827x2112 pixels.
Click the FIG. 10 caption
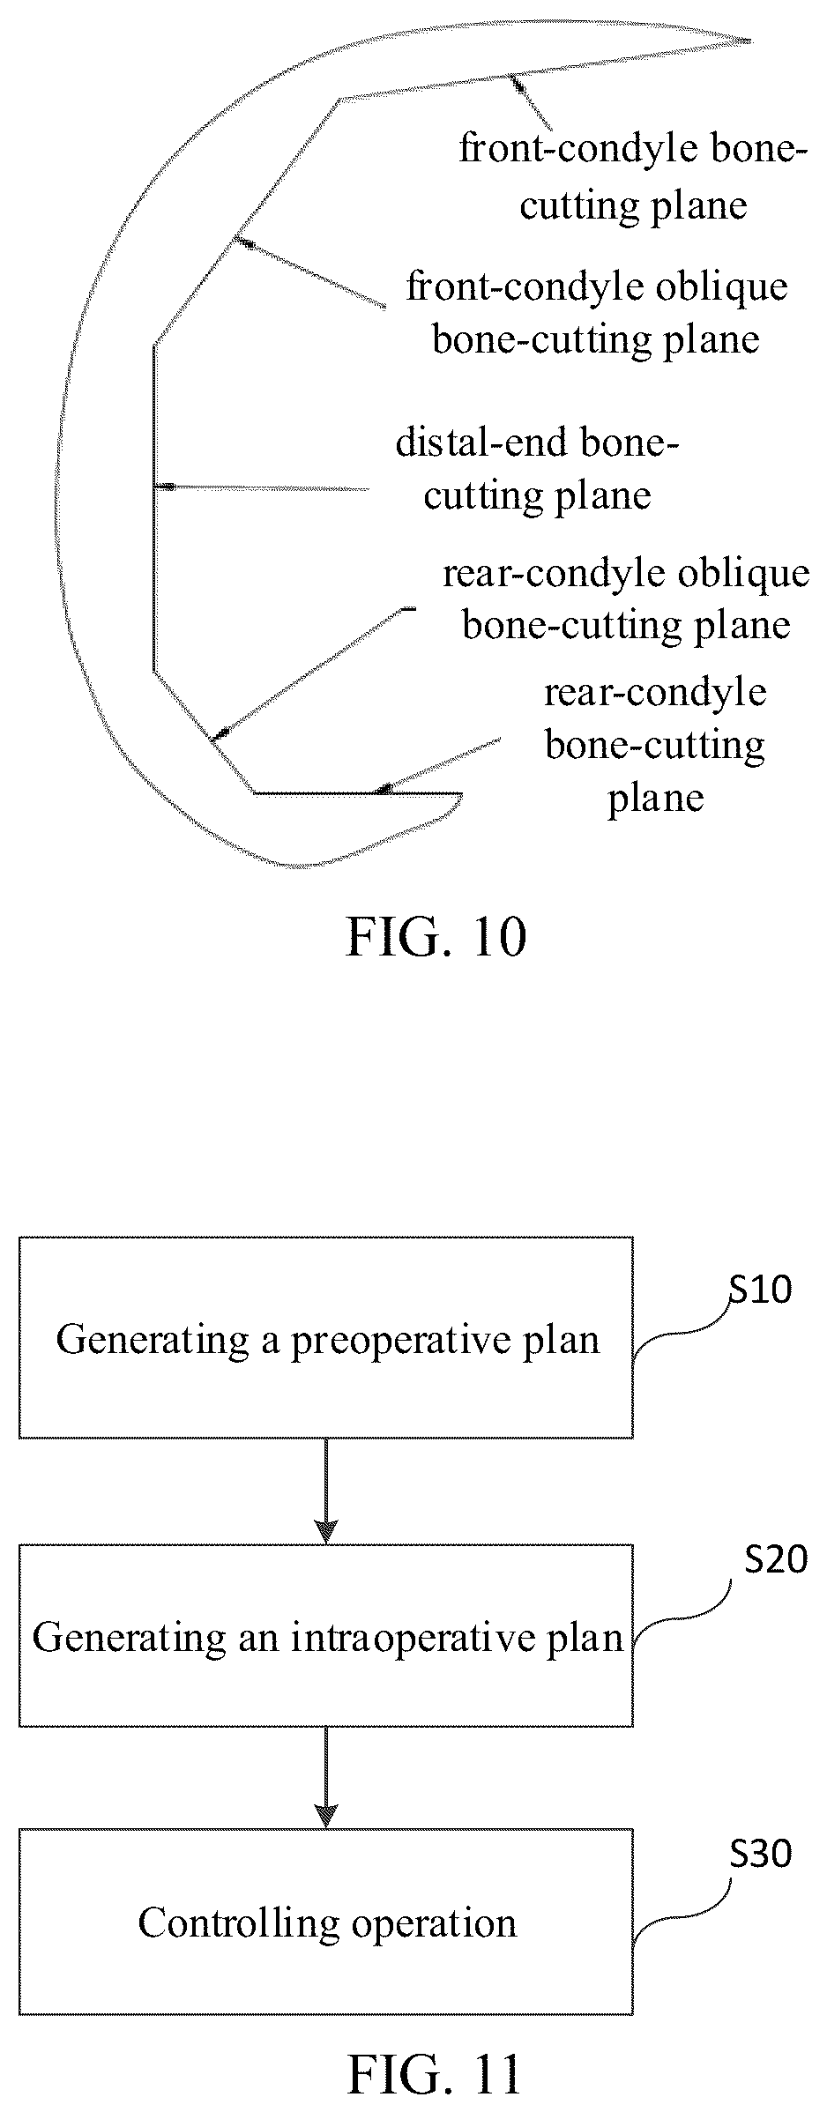(x=436, y=937)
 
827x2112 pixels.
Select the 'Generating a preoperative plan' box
(x=326, y=1337)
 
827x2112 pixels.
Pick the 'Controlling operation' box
(x=326, y=1922)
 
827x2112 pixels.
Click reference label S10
(x=760, y=1290)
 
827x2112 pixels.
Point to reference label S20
(x=776, y=1560)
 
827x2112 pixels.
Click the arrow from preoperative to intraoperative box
(x=326, y=1491)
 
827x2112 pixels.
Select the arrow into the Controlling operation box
(x=326, y=1777)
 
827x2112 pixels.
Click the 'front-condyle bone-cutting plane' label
(x=633, y=176)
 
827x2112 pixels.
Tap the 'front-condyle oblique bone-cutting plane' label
(x=597, y=313)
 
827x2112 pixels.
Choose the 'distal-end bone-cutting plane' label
(x=537, y=469)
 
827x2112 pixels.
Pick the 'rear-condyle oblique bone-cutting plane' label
(x=626, y=599)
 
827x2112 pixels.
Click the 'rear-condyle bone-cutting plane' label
(x=655, y=745)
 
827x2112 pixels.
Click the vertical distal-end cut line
(x=154, y=508)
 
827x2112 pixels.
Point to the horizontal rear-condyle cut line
(x=358, y=793)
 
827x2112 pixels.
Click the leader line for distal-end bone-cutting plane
(x=262, y=487)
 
